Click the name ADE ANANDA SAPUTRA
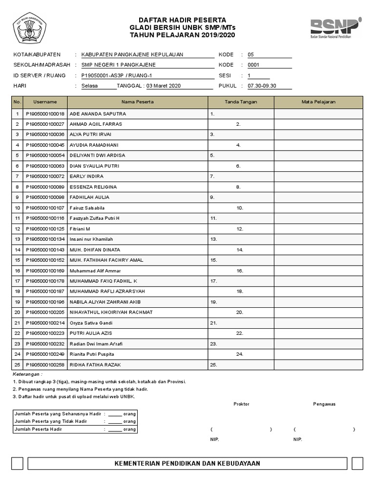98,114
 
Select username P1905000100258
45,364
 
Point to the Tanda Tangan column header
241,102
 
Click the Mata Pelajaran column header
318,102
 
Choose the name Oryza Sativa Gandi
91,323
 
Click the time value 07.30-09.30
262,86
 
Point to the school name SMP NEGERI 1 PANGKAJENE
119,65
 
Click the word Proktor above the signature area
241,404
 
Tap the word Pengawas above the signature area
324,404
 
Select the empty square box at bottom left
18,463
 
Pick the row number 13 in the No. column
17,239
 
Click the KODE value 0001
253,65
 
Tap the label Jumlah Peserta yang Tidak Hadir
51,421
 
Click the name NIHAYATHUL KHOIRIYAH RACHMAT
111,312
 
